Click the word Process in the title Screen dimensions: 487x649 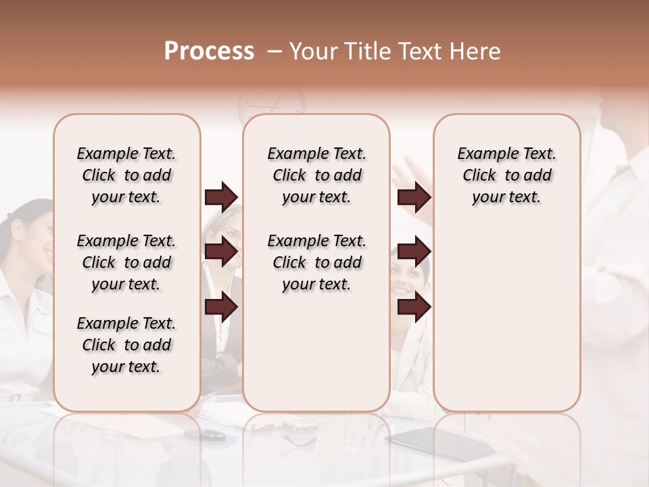pyautogui.click(x=209, y=51)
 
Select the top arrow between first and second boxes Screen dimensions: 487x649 pyautogui.click(x=221, y=197)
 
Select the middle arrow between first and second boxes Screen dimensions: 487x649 pyautogui.click(x=221, y=251)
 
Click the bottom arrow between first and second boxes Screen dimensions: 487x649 pyautogui.click(x=221, y=306)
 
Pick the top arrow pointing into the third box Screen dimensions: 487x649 pyautogui.click(x=414, y=197)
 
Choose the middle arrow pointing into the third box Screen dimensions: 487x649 pyautogui.click(x=414, y=251)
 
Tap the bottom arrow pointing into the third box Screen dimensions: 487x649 pyautogui.click(x=414, y=306)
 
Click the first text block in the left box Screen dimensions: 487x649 pyautogui.click(x=126, y=175)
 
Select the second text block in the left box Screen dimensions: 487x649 pyautogui.click(x=126, y=262)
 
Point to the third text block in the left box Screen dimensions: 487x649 pyautogui.click(x=126, y=345)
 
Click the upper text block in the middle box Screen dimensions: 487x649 pyautogui.click(x=316, y=175)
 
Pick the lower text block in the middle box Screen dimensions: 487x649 pyautogui.click(x=316, y=262)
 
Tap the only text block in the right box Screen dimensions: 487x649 pyautogui.click(x=506, y=175)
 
